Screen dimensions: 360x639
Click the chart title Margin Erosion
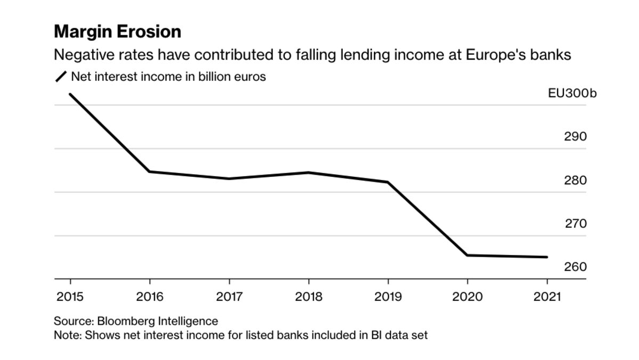(117, 32)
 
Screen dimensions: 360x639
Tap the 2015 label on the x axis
(70, 297)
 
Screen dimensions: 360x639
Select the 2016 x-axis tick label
(150, 297)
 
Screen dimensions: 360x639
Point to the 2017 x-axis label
(229, 297)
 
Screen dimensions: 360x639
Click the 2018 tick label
(308, 297)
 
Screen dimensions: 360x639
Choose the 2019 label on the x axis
(388, 297)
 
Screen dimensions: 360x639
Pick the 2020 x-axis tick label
(467, 297)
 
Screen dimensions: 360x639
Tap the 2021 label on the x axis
(546, 297)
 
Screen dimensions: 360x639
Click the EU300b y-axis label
(572, 93)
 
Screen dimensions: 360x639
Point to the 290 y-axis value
(575, 137)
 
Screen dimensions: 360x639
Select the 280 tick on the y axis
(575, 181)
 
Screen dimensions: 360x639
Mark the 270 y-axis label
(575, 224)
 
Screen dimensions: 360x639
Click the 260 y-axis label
(575, 267)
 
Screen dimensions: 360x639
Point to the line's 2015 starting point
(70, 94)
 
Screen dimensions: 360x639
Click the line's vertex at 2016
(150, 171)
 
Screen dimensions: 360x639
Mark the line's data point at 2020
(467, 255)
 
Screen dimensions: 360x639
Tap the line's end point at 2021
(546, 257)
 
